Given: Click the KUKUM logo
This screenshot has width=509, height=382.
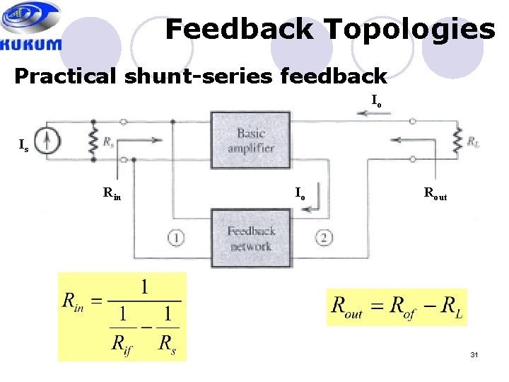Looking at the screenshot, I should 31,26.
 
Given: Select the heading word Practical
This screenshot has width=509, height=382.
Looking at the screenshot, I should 66,76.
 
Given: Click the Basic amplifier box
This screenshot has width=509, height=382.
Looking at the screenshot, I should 250,140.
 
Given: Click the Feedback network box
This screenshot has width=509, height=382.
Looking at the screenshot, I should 250,238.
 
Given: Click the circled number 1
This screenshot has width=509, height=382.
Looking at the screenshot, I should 175,238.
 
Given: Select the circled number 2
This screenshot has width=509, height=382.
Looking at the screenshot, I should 324,238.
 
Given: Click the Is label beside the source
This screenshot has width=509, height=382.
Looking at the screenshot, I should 24,146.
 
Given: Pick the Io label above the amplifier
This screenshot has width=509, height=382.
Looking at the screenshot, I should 377,103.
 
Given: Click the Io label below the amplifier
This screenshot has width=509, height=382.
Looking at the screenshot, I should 300,192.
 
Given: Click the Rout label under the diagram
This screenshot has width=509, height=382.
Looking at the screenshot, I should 435,192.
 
